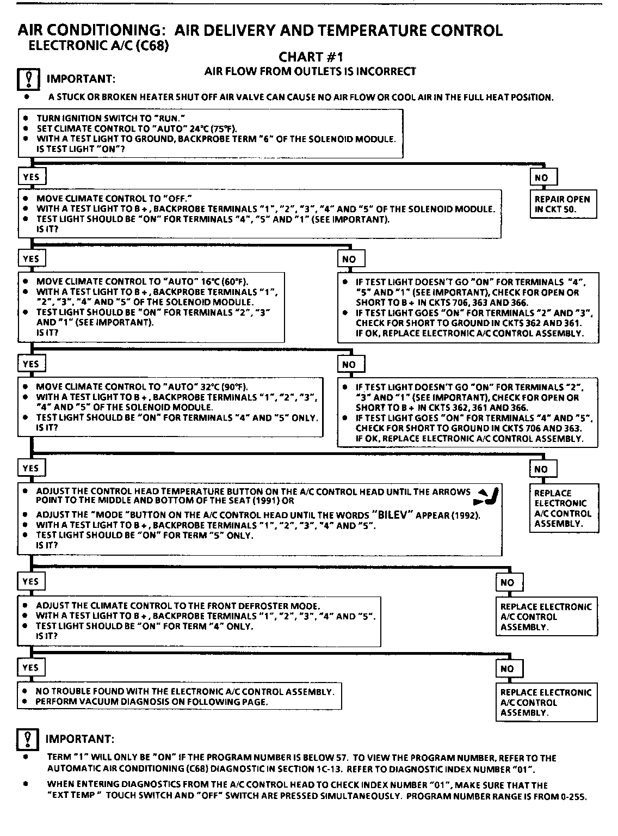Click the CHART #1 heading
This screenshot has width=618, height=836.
click(x=311, y=57)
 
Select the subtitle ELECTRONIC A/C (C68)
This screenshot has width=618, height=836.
click(x=98, y=46)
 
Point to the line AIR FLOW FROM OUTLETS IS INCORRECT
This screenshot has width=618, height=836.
click(x=310, y=71)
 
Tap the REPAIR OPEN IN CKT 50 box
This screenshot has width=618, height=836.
click(x=563, y=204)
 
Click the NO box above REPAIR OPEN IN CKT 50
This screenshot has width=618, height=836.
click(x=543, y=177)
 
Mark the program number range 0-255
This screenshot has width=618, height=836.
click(x=575, y=796)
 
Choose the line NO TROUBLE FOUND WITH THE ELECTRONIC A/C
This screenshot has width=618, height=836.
click(x=185, y=691)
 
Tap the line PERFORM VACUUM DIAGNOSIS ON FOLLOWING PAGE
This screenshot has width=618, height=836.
click(x=152, y=702)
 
